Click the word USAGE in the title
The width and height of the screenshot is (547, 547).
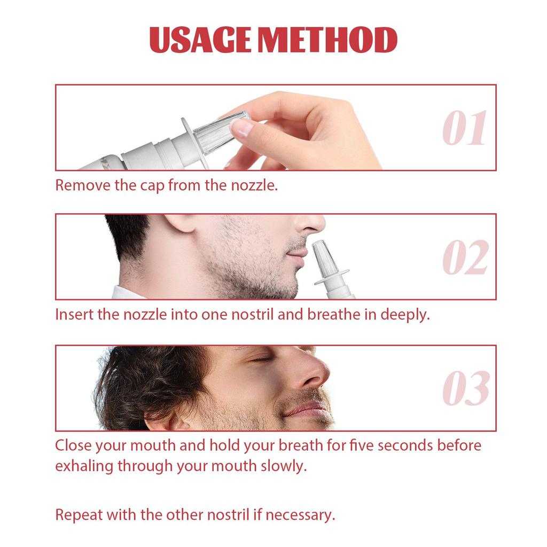[200, 40]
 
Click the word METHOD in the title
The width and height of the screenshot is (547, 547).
[327, 40]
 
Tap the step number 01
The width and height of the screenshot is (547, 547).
[464, 128]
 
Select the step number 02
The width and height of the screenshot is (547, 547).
[465, 257]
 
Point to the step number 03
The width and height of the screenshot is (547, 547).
[466, 388]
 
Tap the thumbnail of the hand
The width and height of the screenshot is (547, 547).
[241, 127]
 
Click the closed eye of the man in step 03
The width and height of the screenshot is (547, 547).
[260, 360]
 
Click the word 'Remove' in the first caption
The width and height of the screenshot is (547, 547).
[83, 185]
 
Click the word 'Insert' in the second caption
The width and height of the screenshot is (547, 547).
[74, 315]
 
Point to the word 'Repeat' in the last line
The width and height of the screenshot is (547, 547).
[79, 515]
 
